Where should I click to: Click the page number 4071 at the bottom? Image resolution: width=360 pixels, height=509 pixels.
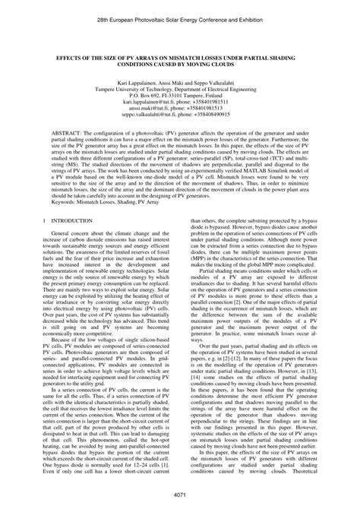tap(179, 495)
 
